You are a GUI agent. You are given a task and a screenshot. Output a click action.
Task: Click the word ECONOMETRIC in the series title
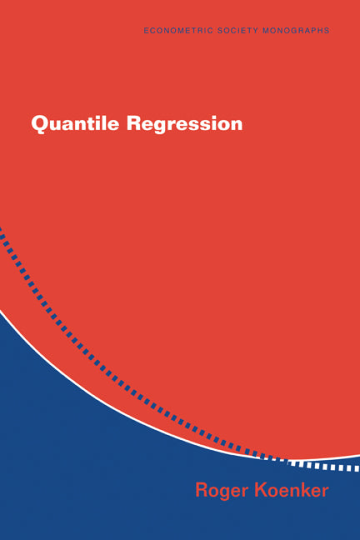click(173, 30)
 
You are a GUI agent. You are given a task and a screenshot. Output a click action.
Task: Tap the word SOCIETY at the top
click(231, 30)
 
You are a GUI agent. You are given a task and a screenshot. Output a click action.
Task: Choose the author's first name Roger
click(220, 490)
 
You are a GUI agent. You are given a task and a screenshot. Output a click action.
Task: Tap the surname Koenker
click(290, 489)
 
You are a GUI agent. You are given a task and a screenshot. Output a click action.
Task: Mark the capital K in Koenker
click(258, 489)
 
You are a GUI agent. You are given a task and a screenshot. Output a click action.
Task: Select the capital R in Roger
click(202, 489)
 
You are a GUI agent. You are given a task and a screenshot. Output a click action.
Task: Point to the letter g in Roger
click(225, 492)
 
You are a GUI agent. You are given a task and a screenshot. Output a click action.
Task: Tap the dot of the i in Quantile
click(85, 117)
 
